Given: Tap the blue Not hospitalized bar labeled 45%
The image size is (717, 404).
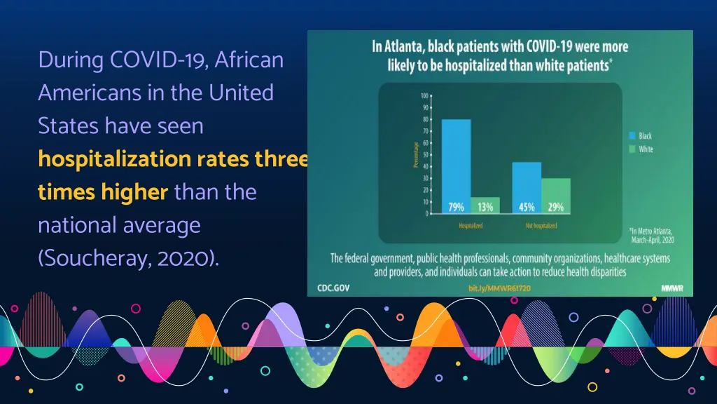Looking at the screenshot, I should [527, 187].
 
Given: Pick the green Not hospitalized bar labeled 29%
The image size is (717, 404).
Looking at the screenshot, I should [556, 195].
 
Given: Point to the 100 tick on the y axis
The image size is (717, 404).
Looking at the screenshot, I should [425, 96].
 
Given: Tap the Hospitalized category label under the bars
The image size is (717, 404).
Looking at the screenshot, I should [471, 226].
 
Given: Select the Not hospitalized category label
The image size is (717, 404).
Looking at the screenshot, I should [541, 226].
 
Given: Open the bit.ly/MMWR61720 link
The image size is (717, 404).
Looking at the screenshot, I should [500, 288].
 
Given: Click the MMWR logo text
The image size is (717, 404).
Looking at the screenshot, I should [672, 288].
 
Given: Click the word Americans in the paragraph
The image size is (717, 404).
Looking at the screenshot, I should [90, 93].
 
